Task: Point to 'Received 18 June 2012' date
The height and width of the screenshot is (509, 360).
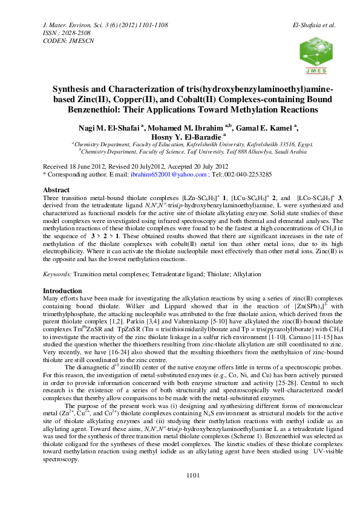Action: (77, 166)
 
